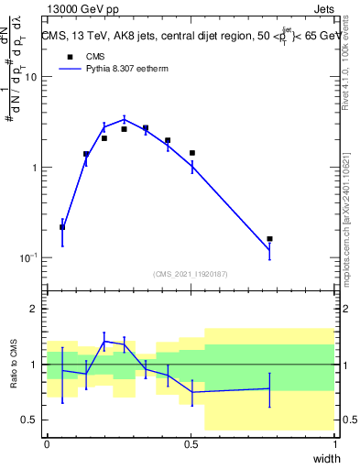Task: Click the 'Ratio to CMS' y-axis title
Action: [15, 365]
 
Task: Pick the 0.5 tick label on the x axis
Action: [191, 444]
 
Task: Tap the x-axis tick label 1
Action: [335, 444]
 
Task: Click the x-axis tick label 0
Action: [47, 444]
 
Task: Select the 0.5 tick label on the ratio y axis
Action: [28, 420]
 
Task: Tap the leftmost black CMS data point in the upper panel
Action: [62, 227]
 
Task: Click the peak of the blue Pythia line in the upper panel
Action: [125, 118]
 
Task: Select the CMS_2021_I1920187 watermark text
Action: [190, 274]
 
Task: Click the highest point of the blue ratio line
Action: [104, 341]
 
